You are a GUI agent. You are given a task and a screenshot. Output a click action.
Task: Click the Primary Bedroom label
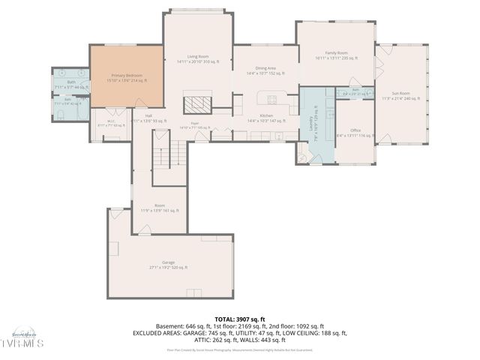tap(127, 76)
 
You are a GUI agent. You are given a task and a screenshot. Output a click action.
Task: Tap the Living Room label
tap(198, 56)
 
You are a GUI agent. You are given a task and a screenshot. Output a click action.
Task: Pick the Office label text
tap(355, 130)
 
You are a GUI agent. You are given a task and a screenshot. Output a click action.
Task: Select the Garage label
tap(168, 262)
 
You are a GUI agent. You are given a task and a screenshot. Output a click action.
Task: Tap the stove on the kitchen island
tap(271, 98)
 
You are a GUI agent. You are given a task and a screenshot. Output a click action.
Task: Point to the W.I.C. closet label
tap(110, 121)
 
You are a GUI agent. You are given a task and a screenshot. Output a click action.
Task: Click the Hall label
tap(148, 115)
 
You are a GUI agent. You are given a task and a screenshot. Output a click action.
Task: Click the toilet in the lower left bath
tap(60, 115)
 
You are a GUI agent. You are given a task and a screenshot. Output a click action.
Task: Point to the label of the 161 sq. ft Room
tap(160, 205)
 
